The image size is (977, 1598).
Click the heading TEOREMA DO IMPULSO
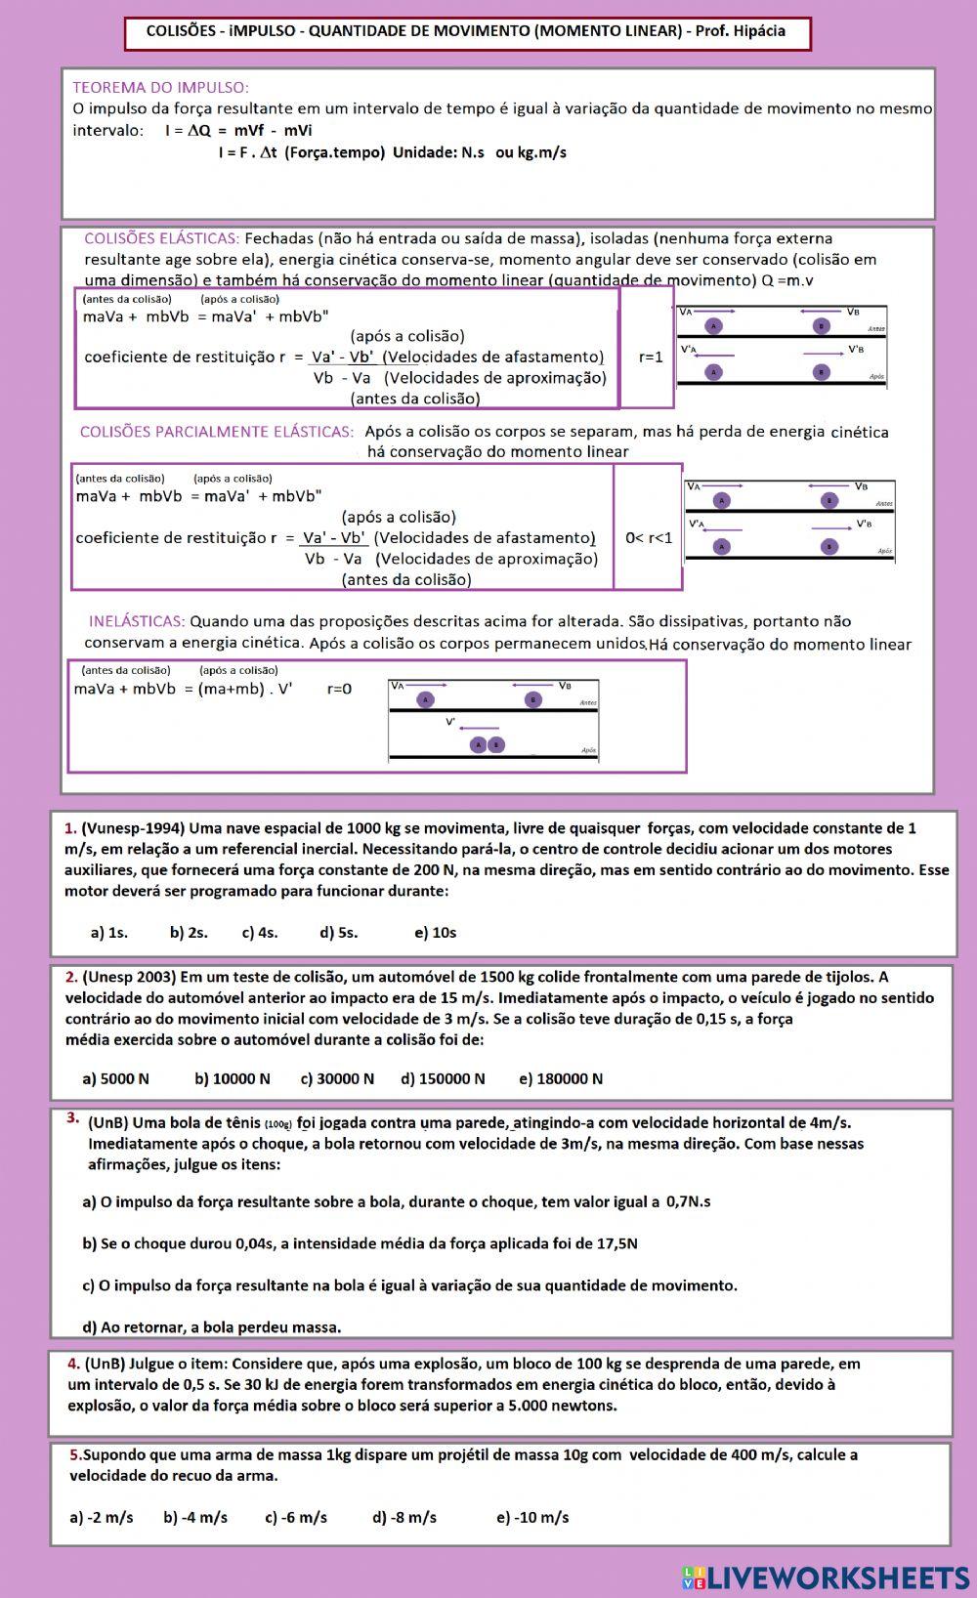tap(160, 88)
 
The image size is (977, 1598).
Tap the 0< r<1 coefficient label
tap(649, 538)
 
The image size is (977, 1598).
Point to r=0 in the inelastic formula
tap(339, 689)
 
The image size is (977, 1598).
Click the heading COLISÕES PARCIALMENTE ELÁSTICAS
tap(216, 432)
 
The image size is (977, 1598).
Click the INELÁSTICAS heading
tap(137, 621)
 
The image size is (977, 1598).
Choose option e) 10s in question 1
tap(435, 933)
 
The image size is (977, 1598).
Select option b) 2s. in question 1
tap(189, 933)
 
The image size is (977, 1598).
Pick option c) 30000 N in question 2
tap(337, 1079)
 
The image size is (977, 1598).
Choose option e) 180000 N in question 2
tap(561, 1079)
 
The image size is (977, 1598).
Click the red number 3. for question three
tap(73, 1118)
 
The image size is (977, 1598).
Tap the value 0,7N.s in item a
tap(688, 1202)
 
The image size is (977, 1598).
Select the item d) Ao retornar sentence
tap(211, 1327)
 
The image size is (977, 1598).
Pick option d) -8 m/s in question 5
tap(404, 1518)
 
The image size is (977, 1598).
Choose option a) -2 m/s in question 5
tap(101, 1518)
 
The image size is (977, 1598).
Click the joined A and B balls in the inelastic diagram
tap(487, 744)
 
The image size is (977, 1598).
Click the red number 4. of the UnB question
tap(74, 1364)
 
